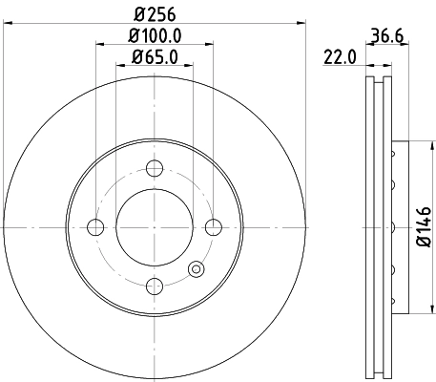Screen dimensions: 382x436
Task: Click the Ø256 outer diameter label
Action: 155,12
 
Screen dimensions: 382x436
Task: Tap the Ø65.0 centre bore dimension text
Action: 155,56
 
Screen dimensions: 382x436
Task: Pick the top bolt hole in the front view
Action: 155,168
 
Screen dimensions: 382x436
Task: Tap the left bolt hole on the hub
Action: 95,227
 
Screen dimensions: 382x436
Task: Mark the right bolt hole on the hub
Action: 213,227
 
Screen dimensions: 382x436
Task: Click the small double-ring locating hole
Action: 197,269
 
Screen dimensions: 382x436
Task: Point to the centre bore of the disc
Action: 155,227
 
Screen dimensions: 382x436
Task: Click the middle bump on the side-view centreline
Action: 392,227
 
